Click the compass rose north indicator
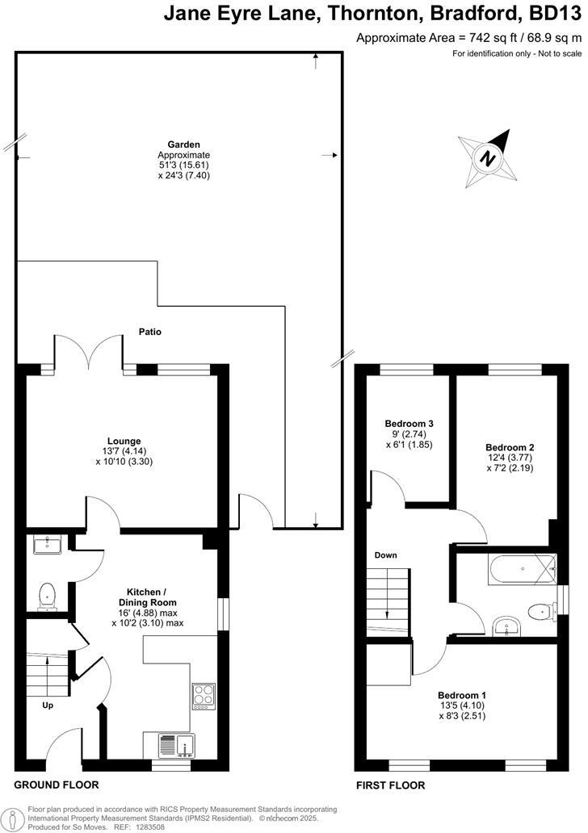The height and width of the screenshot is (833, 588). pyautogui.click(x=487, y=158)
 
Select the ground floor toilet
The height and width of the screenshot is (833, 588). pyautogui.click(x=48, y=596)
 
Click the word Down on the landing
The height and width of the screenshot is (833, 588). pyautogui.click(x=384, y=555)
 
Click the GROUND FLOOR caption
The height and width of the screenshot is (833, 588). pyautogui.click(x=57, y=785)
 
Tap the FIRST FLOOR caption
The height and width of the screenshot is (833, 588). pyautogui.click(x=390, y=785)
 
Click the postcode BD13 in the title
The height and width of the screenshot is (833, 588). pyautogui.click(x=553, y=14)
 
